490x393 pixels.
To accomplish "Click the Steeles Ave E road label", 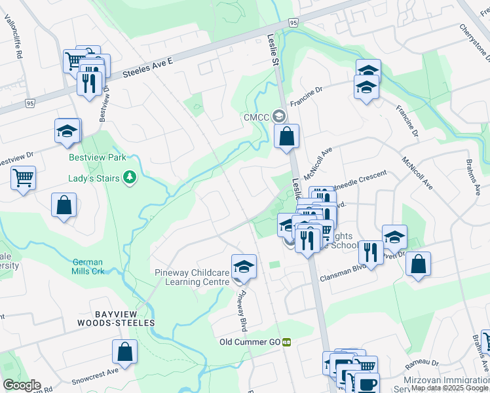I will [x=149, y=68].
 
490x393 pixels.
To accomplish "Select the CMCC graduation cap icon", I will [x=280, y=117].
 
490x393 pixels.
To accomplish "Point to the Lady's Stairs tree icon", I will [x=130, y=178].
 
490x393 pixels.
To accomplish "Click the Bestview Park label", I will [x=97, y=158].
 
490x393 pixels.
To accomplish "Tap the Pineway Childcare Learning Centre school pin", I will [x=244, y=267].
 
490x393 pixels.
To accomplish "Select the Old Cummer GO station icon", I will [x=287, y=342].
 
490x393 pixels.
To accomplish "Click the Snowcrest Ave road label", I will [x=95, y=370].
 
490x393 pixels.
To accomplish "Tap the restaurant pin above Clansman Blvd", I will [x=371, y=252].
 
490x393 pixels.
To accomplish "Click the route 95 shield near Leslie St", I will [x=292, y=23].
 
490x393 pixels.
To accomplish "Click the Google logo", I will [x=22, y=385].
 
